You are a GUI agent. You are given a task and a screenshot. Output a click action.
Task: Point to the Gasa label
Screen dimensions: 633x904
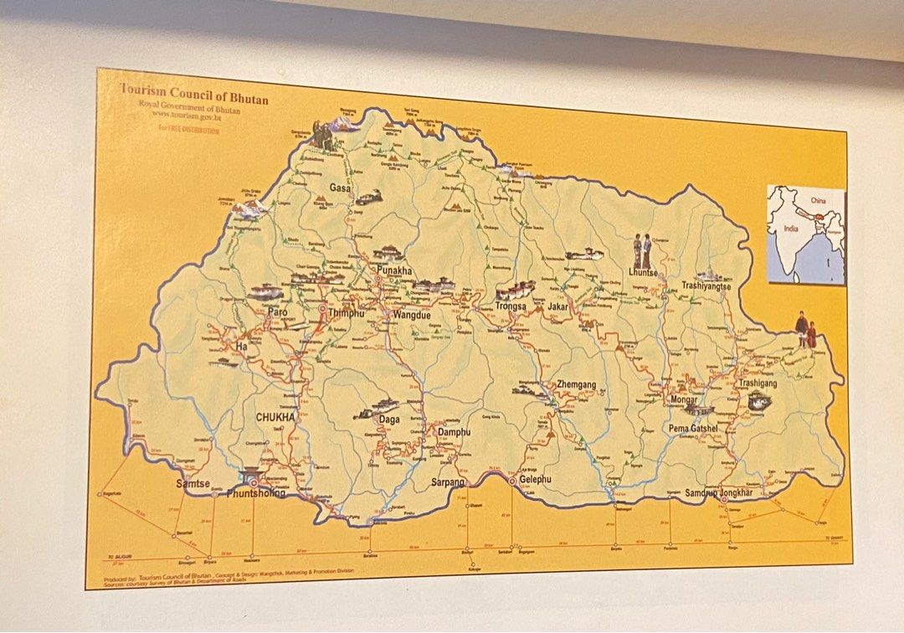339,188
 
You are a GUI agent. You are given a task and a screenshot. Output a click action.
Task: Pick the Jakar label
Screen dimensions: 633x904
558,307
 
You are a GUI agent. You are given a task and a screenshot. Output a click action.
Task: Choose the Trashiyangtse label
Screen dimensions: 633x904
706,286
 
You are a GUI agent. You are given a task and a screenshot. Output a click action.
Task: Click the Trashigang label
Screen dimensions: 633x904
757,383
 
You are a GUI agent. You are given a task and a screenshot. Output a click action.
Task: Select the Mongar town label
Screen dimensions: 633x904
683,399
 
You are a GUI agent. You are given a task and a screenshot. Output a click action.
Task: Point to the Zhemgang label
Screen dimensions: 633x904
576,385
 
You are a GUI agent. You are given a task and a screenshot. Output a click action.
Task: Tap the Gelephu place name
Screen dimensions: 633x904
536,480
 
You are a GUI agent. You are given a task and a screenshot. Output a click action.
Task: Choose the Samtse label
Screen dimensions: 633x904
193,484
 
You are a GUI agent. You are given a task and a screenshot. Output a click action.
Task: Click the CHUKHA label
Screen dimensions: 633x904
275,416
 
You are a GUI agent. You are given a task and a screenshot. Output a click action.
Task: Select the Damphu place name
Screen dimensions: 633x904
455,432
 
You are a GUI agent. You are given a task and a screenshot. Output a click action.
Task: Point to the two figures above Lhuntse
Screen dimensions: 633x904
641,250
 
